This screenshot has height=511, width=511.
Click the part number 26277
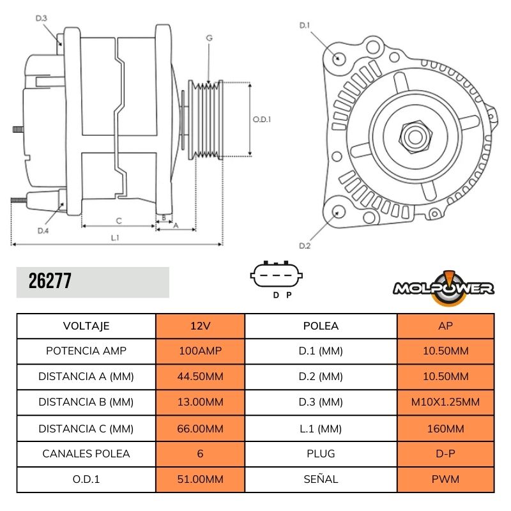(50, 282)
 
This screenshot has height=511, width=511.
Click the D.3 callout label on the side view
(41, 19)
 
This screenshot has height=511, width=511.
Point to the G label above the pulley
(209, 38)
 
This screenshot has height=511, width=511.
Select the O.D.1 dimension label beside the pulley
(262, 119)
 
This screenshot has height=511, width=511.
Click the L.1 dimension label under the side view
(116, 238)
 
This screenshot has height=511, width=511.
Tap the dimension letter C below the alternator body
(119, 220)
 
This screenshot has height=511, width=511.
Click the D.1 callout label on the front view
(305, 26)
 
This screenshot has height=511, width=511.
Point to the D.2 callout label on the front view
(305, 246)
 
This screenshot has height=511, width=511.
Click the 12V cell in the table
(200, 326)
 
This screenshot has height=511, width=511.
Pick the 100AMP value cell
(200, 351)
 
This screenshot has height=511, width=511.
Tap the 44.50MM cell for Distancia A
(200, 377)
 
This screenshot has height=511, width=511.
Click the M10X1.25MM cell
(446, 402)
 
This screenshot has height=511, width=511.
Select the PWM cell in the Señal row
(446, 479)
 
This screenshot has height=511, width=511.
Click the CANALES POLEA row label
(86, 454)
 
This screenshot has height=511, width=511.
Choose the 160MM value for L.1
(446, 428)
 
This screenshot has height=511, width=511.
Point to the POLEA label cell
(321, 326)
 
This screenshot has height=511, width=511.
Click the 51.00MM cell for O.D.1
(200, 479)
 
